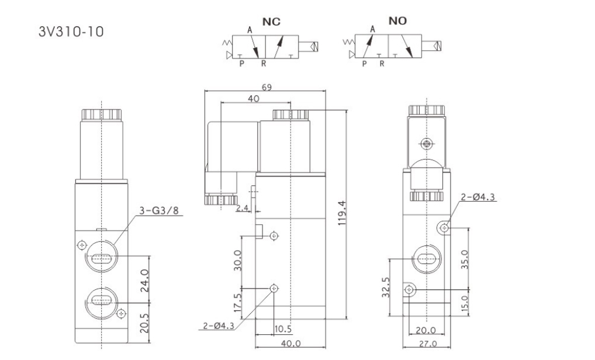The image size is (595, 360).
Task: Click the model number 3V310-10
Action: click(x=71, y=31)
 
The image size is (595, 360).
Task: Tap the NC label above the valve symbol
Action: click(x=271, y=22)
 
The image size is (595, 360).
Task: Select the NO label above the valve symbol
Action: click(x=399, y=21)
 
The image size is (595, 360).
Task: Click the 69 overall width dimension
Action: click(x=266, y=87)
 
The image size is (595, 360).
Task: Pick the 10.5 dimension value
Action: click(x=283, y=329)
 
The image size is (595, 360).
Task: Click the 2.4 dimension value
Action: click(x=243, y=207)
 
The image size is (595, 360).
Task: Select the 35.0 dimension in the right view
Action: click(x=465, y=257)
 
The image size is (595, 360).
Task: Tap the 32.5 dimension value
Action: click(x=385, y=288)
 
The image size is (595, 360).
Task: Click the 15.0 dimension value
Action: click(x=465, y=304)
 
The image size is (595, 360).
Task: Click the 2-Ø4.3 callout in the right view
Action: click(x=478, y=197)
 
